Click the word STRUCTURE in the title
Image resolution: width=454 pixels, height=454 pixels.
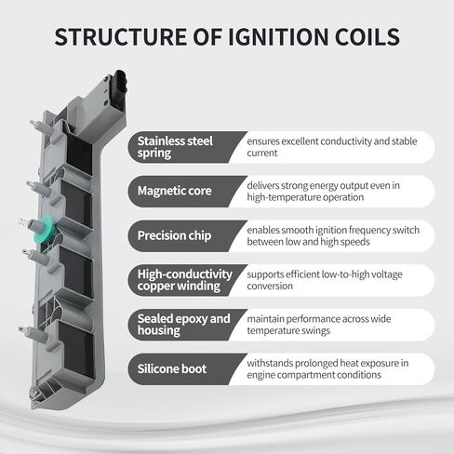pyautogui.click(x=120, y=36)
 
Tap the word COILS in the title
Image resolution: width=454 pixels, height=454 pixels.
pyautogui.click(x=367, y=36)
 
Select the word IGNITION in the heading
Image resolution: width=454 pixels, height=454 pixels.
pyautogui.click(x=278, y=36)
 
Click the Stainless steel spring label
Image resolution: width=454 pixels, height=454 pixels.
pyautogui.click(x=175, y=147)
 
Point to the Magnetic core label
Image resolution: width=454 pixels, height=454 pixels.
pyautogui.click(x=175, y=191)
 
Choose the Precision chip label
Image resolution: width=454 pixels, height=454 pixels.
pyautogui.click(x=174, y=235)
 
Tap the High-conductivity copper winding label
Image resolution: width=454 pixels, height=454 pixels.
pyautogui.click(x=185, y=280)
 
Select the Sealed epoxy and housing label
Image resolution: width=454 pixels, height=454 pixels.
pyautogui.click(x=184, y=325)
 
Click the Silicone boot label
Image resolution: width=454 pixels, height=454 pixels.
pyautogui.click(x=172, y=368)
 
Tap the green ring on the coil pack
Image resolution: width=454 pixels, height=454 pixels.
pyautogui.click(x=45, y=230)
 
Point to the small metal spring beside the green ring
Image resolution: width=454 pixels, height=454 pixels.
pyautogui.click(x=22, y=222)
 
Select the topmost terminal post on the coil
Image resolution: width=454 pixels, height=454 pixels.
pyautogui.click(x=40, y=127)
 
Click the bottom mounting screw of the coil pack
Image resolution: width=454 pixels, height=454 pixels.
pyautogui.click(x=34, y=394)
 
